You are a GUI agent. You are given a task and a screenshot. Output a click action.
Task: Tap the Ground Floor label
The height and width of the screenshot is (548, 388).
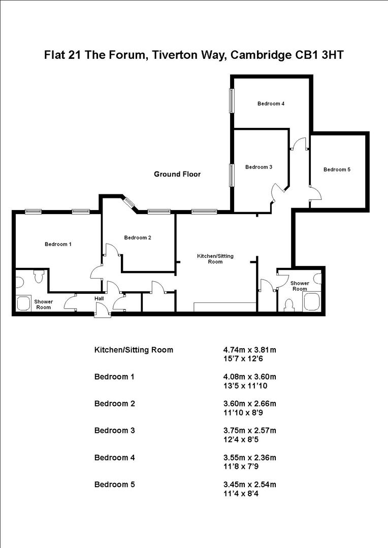click(177, 174)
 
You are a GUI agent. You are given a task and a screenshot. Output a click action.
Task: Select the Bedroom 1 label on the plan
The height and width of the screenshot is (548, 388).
click(58, 244)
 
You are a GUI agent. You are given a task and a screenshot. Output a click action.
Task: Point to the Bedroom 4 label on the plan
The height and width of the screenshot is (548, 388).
click(271, 104)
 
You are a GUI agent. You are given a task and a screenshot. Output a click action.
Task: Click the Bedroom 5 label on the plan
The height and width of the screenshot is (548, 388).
click(337, 169)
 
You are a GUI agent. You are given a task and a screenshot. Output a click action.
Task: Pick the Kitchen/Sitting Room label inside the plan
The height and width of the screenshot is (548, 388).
click(215, 259)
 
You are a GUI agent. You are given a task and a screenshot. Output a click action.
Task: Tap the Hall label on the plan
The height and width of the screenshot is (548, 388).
click(99, 299)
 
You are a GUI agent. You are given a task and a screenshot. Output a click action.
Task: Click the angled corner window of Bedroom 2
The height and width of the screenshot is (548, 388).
click(130, 202)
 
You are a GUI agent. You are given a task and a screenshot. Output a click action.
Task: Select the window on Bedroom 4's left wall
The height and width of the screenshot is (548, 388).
click(231, 101)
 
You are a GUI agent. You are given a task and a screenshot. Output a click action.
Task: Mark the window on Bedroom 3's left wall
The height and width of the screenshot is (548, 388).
click(231, 175)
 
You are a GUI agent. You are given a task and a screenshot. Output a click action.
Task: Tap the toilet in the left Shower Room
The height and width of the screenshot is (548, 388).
click(38, 277)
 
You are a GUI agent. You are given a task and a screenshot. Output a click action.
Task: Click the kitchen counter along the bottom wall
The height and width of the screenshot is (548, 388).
click(225, 307)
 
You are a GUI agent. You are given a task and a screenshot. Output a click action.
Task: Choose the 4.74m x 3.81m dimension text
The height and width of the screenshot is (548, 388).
click(249, 350)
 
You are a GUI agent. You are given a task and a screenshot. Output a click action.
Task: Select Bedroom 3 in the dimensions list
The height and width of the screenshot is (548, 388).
click(114, 430)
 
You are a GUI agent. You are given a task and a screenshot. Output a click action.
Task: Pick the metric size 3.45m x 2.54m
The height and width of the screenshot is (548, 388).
click(249, 484)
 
